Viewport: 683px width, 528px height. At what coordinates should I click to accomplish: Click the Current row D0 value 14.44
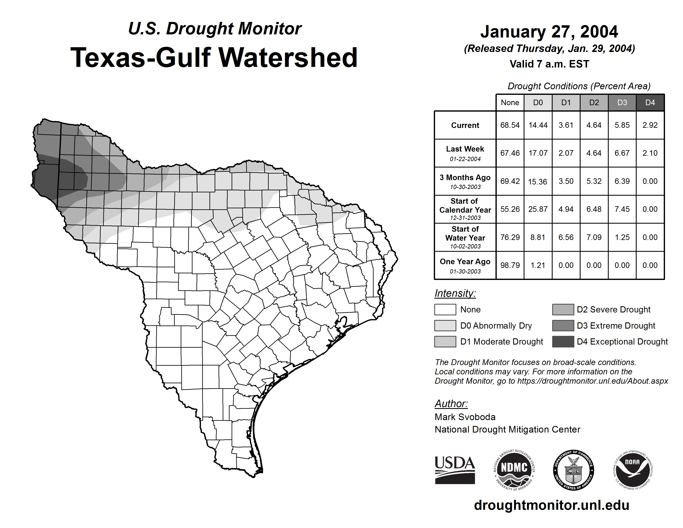pyautogui.click(x=538, y=125)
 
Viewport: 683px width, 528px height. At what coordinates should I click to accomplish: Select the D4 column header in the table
pyautogui.click(x=650, y=102)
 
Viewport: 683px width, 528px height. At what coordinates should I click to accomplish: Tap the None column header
pyautogui.click(x=510, y=102)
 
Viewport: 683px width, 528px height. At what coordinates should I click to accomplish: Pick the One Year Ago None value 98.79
pyautogui.click(x=510, y=265)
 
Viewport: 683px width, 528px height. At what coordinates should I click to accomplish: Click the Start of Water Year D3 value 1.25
pyautogui.click(x=622, y=237)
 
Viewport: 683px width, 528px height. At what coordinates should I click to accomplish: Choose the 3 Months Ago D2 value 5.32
pyautogui.click(x=594, y=181)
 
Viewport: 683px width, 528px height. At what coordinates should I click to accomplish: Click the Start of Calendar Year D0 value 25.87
pyautogui.click(x=538, y=209)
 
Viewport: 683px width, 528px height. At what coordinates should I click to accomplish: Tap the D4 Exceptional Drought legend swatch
pyautogui.click(x=563, y=342)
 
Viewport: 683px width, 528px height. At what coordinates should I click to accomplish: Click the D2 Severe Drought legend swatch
pyautogui.click(x=563, y=309)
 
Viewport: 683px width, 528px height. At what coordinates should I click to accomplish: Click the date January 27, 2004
pyautogui.click(x=549, y=32)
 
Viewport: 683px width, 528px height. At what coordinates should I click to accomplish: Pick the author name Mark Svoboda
pyautogui.click(x=465, y=417)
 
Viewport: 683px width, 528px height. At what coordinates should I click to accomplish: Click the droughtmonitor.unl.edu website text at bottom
pyautogui.click(x=551, y=505)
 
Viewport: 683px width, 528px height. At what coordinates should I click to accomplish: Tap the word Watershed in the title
pyautogui.click(x=288, y=58)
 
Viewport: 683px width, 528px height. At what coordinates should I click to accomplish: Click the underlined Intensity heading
pyautogui.click(x=455, y=293)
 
